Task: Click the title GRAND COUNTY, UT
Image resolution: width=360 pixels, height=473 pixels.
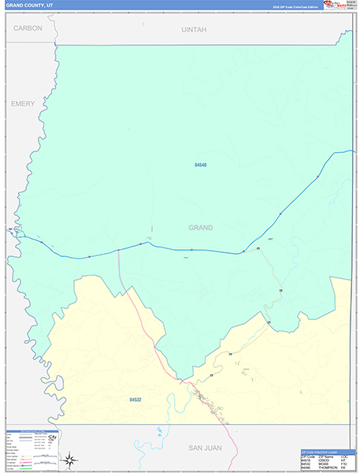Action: [29, 6]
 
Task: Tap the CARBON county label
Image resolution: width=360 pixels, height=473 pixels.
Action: [28, 28]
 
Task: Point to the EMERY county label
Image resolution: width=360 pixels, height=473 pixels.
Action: [24, 103]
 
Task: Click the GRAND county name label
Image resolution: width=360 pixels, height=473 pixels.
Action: [200, 228]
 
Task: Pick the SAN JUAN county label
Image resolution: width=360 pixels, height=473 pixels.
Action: [205, 448]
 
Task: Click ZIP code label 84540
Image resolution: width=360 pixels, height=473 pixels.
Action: [200, 165]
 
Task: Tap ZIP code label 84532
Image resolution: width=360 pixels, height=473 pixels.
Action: [136, 400]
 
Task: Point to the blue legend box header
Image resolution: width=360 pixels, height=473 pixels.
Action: [32, 432]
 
